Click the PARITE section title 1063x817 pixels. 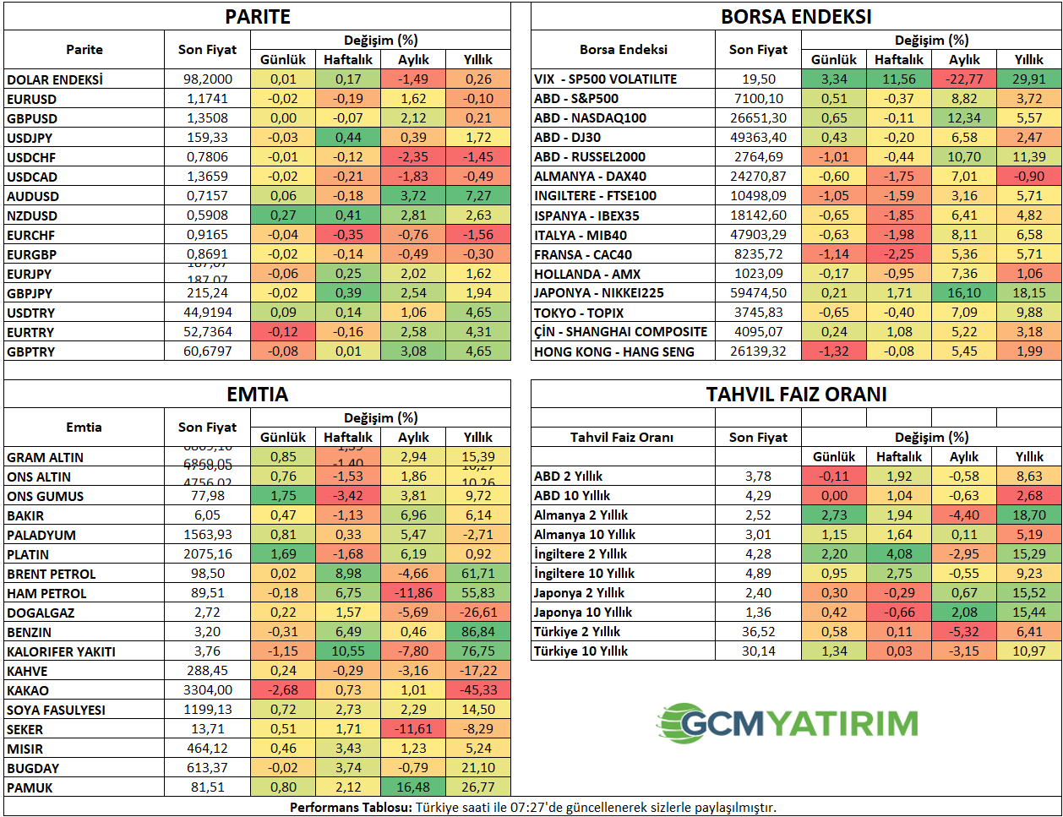click(x=258, y=17)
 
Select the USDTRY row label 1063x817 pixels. click(x=31, y=313)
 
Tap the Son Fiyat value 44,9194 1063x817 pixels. click(x=208, y=313)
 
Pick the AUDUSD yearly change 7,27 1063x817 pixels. click(x=478, y=196)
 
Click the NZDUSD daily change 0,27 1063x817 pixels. click(x=283, y=215)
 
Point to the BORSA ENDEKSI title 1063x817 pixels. click(x=796, y=17)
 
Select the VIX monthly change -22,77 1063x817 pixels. click(x=964, y=79)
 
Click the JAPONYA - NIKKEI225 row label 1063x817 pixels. click(x=599, y=293)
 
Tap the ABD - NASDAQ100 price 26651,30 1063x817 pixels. click(x=758, y=118)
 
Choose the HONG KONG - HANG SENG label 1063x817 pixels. click(x=614, y=351)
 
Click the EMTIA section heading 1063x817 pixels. click(x=258, y=395)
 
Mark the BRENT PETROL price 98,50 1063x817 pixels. click(x=207, y=574)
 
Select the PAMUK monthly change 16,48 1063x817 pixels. click(x=413, y=787)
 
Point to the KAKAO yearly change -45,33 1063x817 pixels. click(x=478, y=690)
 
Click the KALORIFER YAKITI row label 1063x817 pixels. click(x=61, y=651)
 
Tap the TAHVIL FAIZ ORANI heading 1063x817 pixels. click(x=796, y=395)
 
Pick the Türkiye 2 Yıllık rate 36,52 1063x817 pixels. click(x=758, y=632)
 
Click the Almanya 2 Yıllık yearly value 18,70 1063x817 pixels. click(x=1029, y=515)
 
